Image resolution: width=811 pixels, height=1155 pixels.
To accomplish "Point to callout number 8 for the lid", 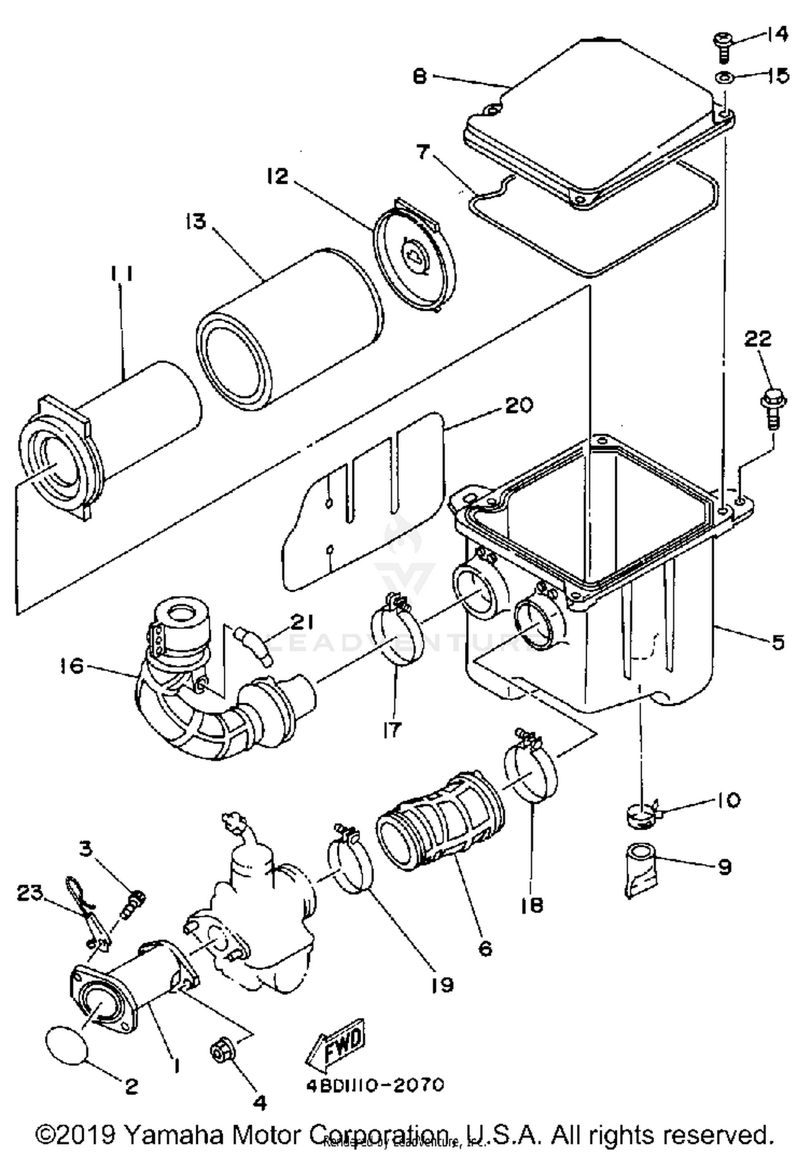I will tap(420, 76).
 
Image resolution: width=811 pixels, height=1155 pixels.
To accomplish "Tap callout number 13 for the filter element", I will tap(196, 221).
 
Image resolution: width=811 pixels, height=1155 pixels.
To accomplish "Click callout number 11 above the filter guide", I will tap(122, 274).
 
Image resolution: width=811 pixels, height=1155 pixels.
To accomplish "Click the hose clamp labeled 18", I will tap(531, 771).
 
